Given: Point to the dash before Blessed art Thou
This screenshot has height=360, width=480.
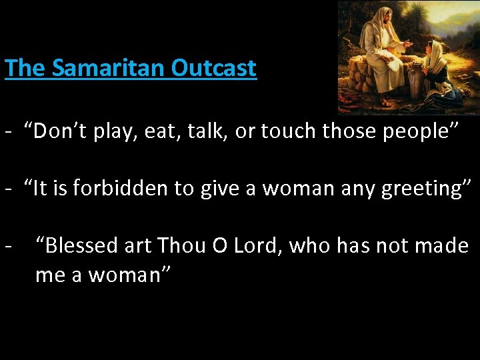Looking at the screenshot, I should coord(8,246).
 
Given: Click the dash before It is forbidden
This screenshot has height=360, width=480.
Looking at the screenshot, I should coord(8,189).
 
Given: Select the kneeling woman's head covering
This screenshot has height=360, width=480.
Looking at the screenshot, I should coord(437,53).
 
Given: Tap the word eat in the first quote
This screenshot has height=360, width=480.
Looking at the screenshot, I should coord(169,132).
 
